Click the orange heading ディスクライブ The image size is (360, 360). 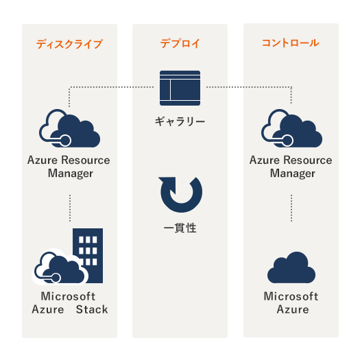point(69,44)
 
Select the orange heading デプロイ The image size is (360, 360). point(180,43)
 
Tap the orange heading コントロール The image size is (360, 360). point(291,43)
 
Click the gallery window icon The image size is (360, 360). point(180,88)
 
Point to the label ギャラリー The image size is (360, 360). point(180,121)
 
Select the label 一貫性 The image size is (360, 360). point(180,228)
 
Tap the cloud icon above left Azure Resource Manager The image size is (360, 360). point(69,128)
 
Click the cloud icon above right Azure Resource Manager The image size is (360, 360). point(291,128)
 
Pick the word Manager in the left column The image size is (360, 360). point(71,173)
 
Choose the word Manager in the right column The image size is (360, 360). point(293,173)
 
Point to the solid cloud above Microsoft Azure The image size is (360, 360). point(291,267)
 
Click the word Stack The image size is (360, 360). point(92,309)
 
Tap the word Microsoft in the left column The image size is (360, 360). point(68,296)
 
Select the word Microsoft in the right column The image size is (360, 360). point(291,296)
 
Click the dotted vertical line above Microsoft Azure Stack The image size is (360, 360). point(70,208)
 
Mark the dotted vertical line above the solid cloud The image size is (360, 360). point(291,208)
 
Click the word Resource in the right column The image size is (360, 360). point(307,160)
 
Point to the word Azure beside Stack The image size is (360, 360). point(48,309)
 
